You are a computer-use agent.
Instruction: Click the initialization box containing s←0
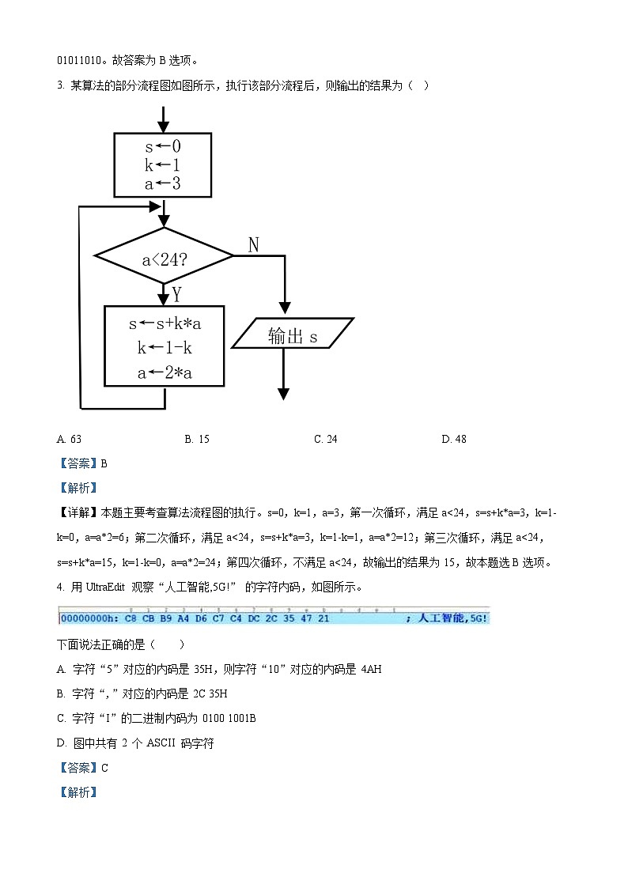coord(163,164)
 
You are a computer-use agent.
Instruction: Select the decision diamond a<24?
coord(164,255)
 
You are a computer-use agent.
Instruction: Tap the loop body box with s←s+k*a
coord(165,346)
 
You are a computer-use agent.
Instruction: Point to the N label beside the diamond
coord(254,244)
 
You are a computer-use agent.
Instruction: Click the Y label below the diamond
coord(177,295)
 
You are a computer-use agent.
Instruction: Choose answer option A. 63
coord(70,439)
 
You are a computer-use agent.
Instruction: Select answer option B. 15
coord(197,439)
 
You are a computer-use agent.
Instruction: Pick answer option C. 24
coord(325,439)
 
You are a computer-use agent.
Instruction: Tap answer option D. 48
coord(453,439)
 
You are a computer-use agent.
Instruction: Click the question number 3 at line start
coord(60,85)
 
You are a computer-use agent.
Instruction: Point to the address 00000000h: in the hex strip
coord(89,618)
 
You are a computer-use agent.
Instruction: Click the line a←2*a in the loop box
coord(165,373)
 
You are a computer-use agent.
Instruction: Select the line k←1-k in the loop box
coord(165,348)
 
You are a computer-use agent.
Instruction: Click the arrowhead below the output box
coord(283,393)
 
